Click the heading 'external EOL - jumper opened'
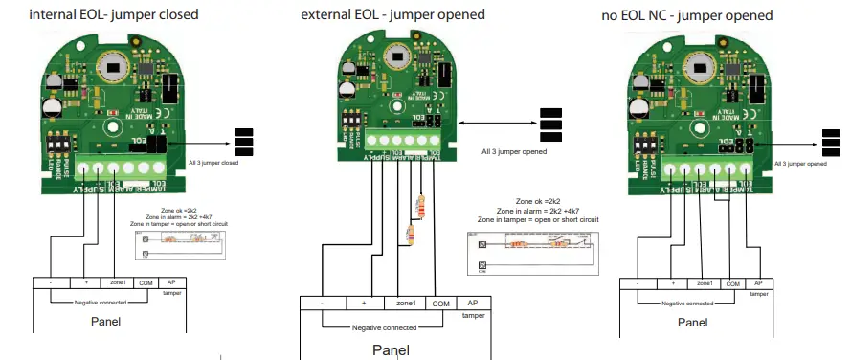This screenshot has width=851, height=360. [392, 15]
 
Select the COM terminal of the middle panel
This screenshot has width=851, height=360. [439, 304]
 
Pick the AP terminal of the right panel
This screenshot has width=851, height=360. [758, 284]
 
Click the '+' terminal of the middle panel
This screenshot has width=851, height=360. [364, 304]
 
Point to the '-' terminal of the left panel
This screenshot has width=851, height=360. [49, 284]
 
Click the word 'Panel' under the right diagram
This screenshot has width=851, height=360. [694, 323]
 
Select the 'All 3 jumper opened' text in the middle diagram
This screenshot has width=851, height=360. [514, 151]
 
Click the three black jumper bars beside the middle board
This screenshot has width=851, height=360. [550, 124]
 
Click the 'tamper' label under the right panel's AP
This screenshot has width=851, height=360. [758, 294]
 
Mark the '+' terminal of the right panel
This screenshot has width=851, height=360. [673, 284]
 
